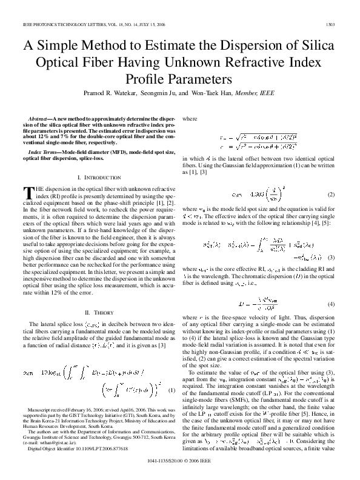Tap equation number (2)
click(x=331, y=195)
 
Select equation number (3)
click(x=331, y=258)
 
